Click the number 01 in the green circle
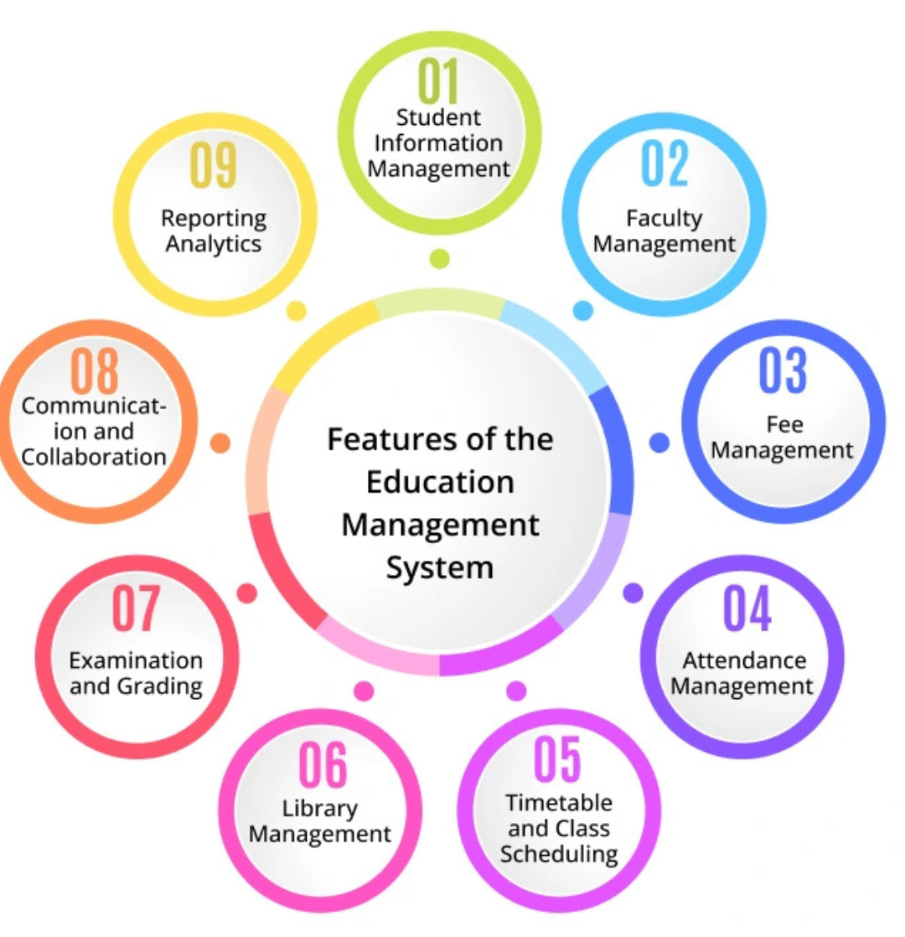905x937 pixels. click(439, 81)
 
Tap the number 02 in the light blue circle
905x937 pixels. click(665, 163)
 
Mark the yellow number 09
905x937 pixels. click(214, 165)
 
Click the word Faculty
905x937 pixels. click(665, 219)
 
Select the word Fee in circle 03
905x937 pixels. click(782, 423)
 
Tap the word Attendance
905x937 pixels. click(744, 660)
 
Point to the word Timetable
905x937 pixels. click(559, 803)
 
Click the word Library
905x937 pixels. click(320, 809)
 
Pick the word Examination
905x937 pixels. click(136, 660)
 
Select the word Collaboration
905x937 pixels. click(94, 457)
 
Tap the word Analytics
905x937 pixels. click(214, 244)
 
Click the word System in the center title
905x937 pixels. click(439, 567)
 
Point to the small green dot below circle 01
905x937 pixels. click(439, 259)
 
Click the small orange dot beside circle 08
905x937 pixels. click(220, 443)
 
